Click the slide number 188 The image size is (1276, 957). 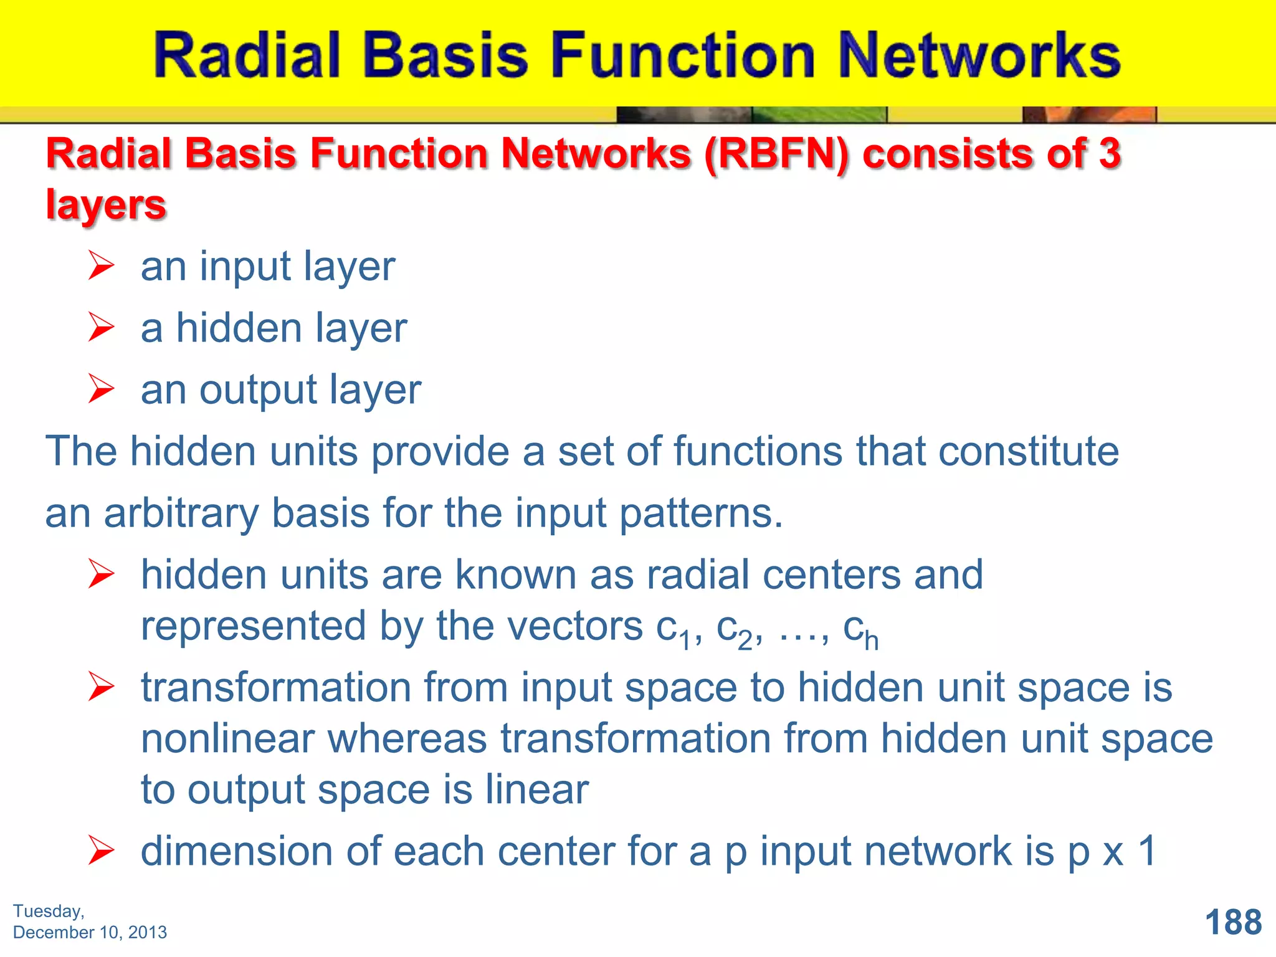click(x=1232, y=922)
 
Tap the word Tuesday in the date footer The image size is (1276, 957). click(x=48, y=911)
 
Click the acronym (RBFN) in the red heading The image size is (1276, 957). click(x=776, y=153)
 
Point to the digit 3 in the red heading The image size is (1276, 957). click(x=1109, y=153)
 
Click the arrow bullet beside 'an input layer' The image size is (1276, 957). click(x=101, y=265)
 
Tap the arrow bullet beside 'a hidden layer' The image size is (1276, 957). click(x=101, y=327)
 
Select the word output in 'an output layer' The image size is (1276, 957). click(x=258, y=390)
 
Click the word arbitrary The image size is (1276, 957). click(x=181, y=514)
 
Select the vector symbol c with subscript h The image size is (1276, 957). click(x=860, y=629)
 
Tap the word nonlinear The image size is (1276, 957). click(x=227, y=739)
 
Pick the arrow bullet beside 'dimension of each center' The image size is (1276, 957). click(x=101, y=851)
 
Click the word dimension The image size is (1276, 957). click(x=237, y=851)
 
